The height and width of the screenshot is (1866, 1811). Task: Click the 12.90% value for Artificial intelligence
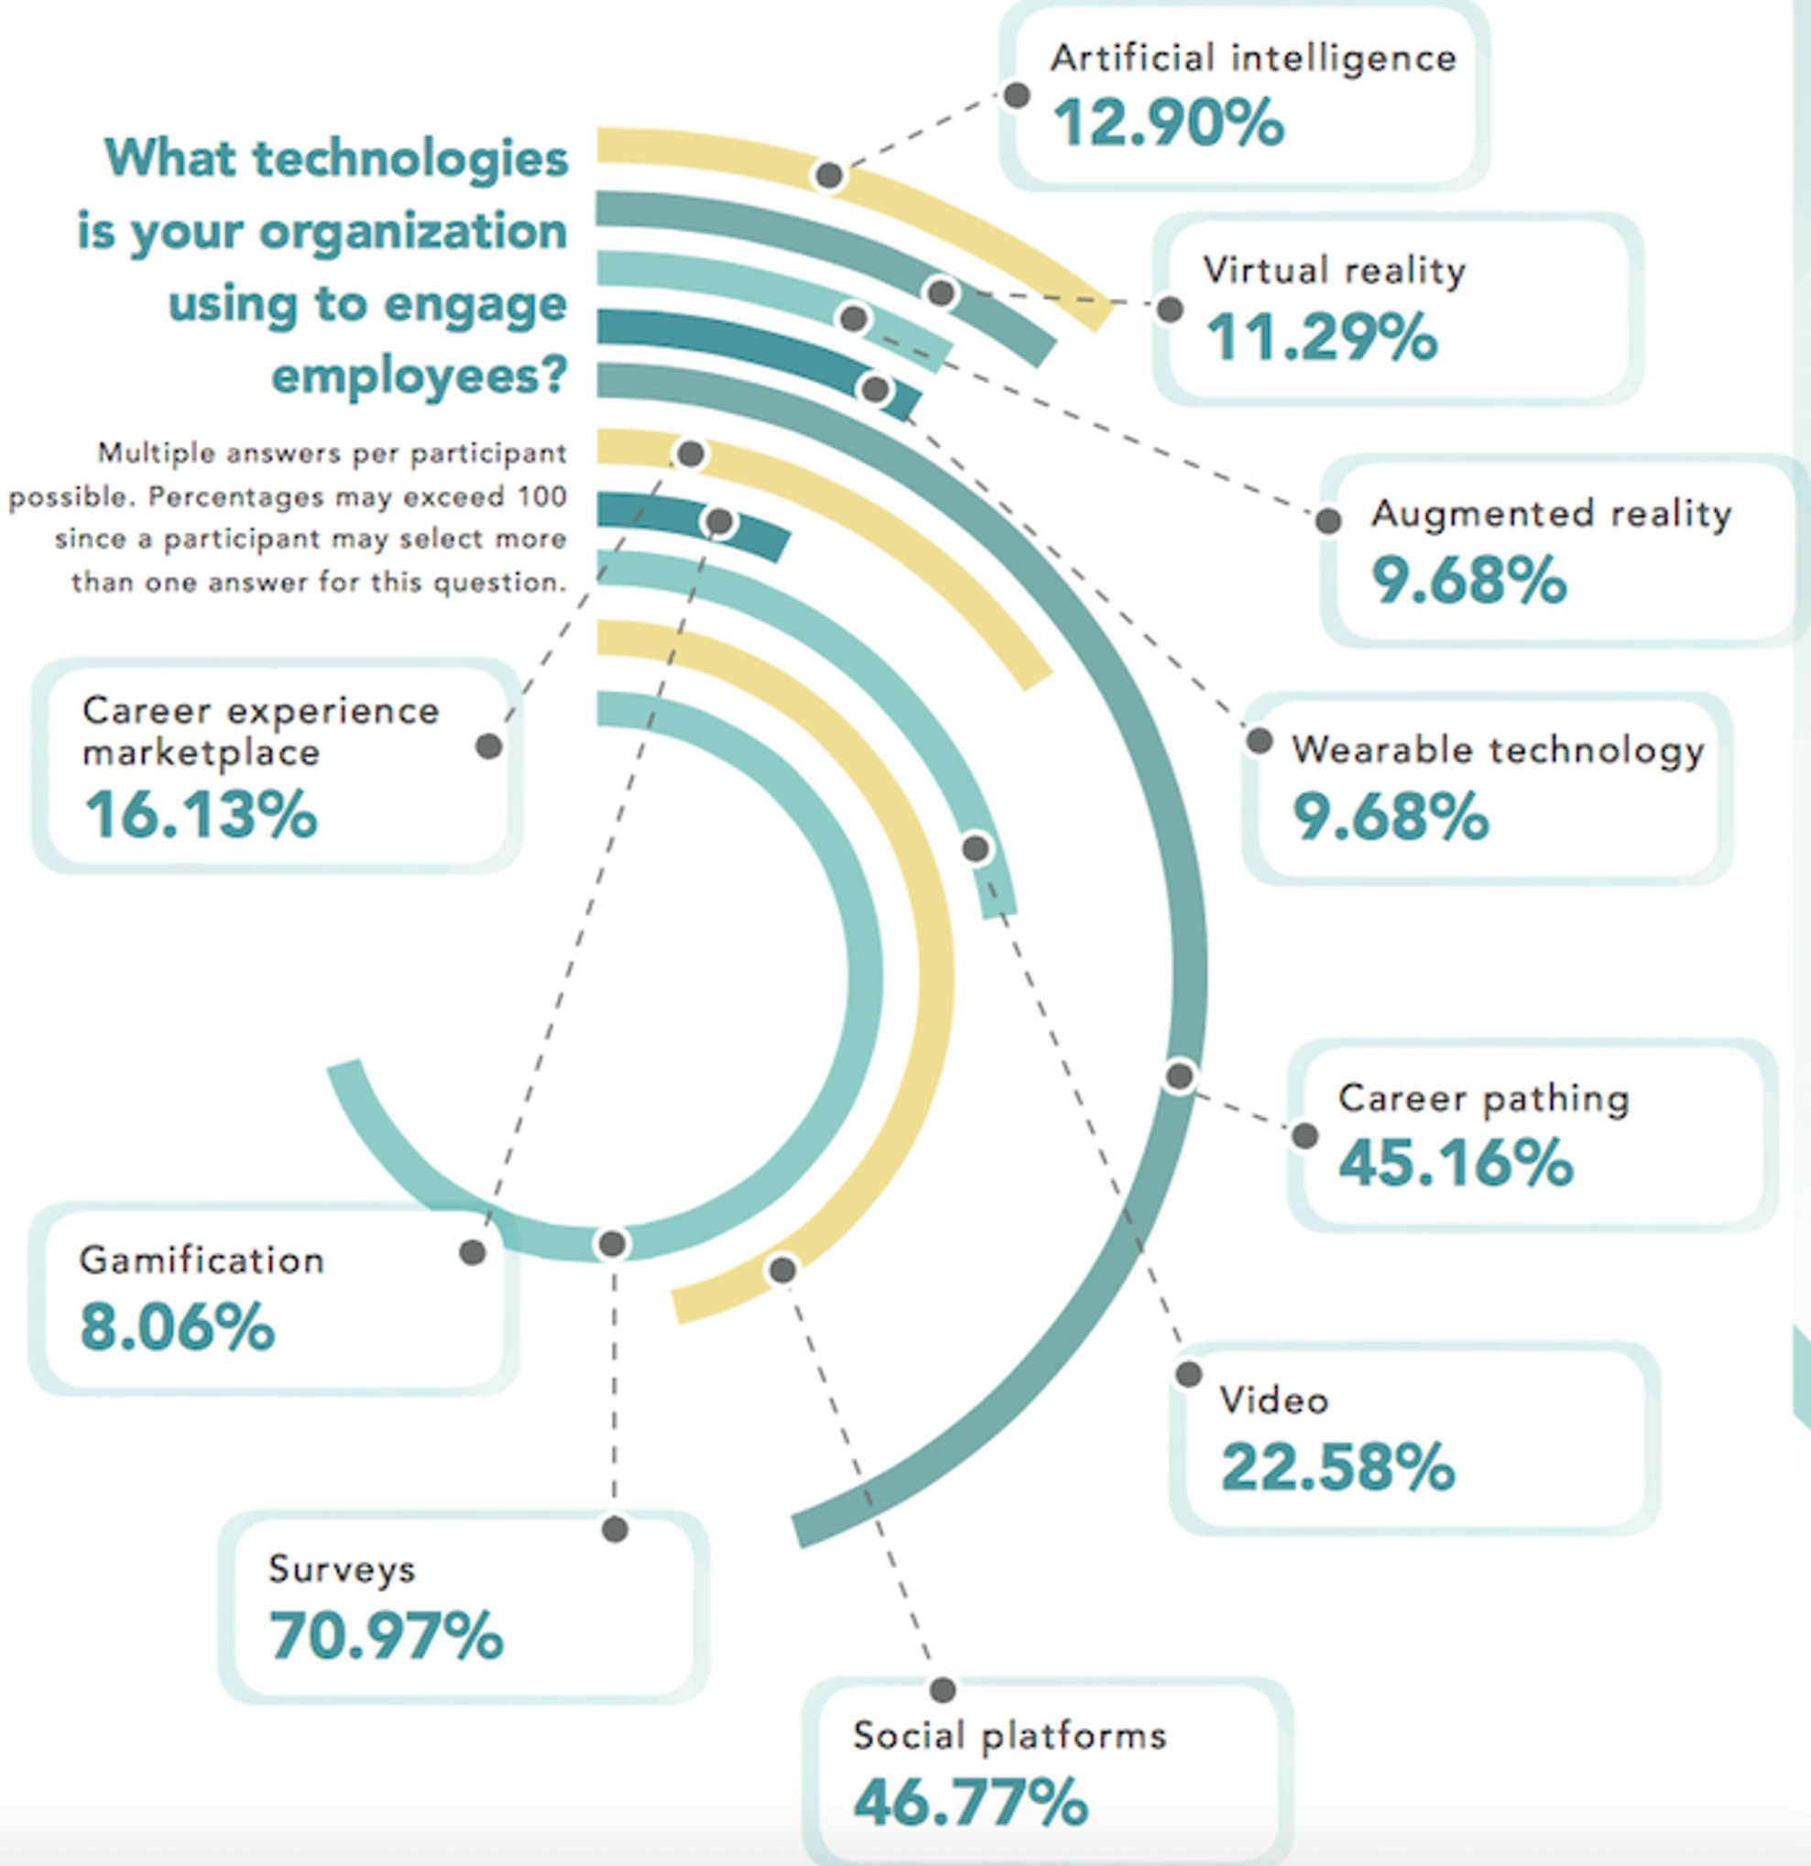(x=1168, y=124)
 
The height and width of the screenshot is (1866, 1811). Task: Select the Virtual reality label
(x=1334, y=270)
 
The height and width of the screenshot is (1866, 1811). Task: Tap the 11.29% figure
(x=1322, y=337)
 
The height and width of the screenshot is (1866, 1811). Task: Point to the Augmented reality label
(x=1551, y=514)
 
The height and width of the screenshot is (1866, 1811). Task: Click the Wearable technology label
(x=1498, y=750)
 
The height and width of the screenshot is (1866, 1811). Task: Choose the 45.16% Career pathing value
(x=1456, y=1162)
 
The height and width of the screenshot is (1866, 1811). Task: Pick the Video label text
(x=1274, y=1401)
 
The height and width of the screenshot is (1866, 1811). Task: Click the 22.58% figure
(x=1337, y=1468)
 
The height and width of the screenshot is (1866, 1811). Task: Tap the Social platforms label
(x=1009, y=1736)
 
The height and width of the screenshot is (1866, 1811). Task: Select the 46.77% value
(x=970, y=1802)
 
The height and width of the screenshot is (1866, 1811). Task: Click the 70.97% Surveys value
(x=386, y=1635)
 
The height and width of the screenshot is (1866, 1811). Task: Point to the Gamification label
(x=202, y=1260)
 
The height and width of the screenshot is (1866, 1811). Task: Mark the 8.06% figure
(x=177, y=1327)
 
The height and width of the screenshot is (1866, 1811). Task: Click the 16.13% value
(x=201, y=815)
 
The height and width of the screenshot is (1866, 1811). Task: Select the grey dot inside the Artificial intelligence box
(x=1017, y=95)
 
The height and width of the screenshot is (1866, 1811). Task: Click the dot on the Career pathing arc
(x=1180, y=1075)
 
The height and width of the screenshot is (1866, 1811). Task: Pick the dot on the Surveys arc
(x=612, y=1243)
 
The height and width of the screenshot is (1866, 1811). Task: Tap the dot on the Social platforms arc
(x=782, y=1269)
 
